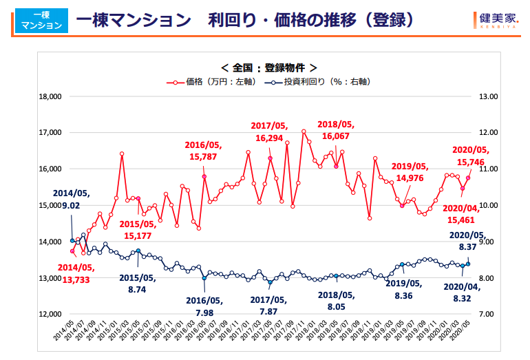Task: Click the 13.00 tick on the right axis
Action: [488, 96]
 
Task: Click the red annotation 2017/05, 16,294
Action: [268, 132]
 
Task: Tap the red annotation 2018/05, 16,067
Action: [335, 131]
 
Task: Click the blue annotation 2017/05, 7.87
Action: [268, 306]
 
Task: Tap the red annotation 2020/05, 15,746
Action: [469, 156]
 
